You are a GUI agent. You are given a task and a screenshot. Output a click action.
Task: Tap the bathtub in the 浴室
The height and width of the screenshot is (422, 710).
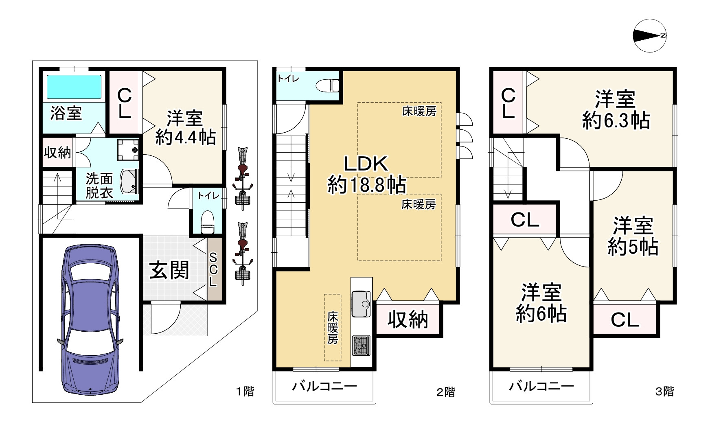pyautogui.click(x=74, y=87)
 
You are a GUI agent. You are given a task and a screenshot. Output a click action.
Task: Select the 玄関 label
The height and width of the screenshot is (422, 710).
pyautogui.click(x=169, y=270)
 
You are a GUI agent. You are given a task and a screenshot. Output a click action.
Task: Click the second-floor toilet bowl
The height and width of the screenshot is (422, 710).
pyautogui.click(x=328, y=85)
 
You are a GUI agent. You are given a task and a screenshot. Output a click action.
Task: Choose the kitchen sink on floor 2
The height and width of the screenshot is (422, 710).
pyautogui.click(x=360, y=303)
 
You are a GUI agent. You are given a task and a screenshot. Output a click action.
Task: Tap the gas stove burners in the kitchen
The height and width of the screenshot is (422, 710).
pyautogui.click(x=361, y=345)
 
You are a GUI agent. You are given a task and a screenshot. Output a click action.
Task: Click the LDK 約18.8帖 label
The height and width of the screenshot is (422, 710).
pyautogui.click(x=366, y=175)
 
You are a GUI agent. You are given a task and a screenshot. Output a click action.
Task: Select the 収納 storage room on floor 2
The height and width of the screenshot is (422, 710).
pyautogui.click(x=408, y=320)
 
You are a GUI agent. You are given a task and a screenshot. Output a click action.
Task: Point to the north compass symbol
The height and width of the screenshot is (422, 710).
pyautogui.click(x=650, y=36)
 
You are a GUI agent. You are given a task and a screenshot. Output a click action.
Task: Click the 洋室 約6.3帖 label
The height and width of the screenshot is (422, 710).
pyautogui.click(x=615, y=110)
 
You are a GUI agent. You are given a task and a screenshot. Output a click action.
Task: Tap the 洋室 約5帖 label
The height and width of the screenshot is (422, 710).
pyautogui.click(x=633, y=236)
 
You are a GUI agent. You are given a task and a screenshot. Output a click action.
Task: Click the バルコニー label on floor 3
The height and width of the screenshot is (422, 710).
pyautogui.click(x=541, y=385)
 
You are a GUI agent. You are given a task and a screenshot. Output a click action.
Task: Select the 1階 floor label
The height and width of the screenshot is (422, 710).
pyautogui.click(x=245, y=391)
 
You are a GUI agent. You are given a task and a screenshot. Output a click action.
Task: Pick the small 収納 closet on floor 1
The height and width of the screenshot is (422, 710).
pyautogui.click(x=57, y=153)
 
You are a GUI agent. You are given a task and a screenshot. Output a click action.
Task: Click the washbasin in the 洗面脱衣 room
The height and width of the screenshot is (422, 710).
pyautogui.click(x=129, y=182)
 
